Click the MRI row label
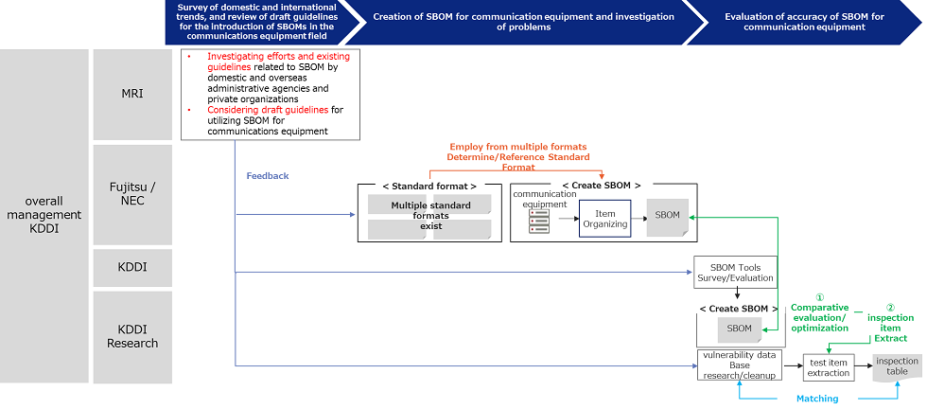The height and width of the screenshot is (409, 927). (132, 95)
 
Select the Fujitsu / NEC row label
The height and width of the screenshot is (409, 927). (132, 193)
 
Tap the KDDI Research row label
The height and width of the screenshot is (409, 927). (132, 336)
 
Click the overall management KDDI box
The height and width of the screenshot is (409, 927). (44, 215)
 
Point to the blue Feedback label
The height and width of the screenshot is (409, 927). (268, 176)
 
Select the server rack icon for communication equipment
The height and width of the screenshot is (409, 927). (539, 222)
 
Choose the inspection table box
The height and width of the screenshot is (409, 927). (896, 366)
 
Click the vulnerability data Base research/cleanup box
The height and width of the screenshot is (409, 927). (740, 365)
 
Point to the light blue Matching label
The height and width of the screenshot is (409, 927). (816, 399)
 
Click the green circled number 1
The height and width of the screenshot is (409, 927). (819, 296)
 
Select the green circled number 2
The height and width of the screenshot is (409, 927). (890, 307)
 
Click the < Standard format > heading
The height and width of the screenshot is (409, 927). (429, 187)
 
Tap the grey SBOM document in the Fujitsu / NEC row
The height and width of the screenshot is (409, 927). (667, 215)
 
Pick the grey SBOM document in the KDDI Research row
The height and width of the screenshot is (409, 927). (739, 329)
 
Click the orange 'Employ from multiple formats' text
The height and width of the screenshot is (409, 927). (517, 147)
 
